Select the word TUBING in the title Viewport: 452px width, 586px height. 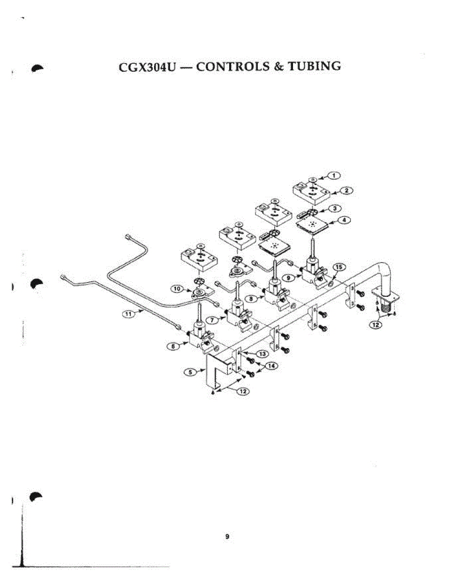tap(314, 66)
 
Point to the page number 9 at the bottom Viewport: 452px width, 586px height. tap(227, 537)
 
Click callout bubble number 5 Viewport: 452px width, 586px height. tap(191, 372)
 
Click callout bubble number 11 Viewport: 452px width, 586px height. tap(128, 314)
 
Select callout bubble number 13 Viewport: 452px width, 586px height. tap(263, 353)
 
